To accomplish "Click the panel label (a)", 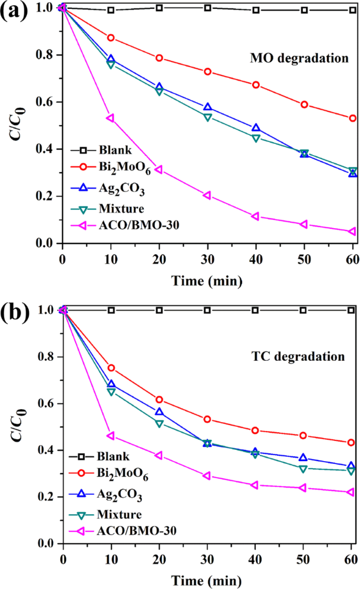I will pos(16,12).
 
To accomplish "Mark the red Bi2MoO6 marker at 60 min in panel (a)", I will pos(352,119).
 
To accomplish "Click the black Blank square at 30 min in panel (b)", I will pos(207,310).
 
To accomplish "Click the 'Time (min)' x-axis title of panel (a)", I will pos(207,281).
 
